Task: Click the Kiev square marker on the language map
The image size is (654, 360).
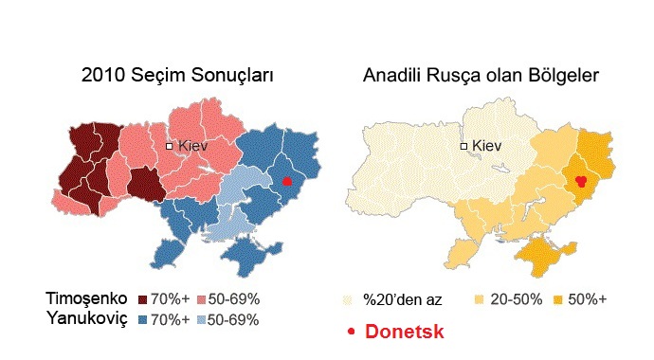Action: pyautogui.click(x=464, y=147)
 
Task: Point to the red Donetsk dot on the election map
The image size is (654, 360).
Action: pyautogui.click(x=288, y=181)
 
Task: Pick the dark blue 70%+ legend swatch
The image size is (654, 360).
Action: pyautogui.click(x=144, y=319)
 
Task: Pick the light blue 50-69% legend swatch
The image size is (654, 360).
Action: pyautogui.click(x=201, y=319)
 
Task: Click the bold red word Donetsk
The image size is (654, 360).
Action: pyautogui.click(x=405, y=333)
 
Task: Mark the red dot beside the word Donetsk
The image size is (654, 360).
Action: pyautogui.click(x=352, y=333)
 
